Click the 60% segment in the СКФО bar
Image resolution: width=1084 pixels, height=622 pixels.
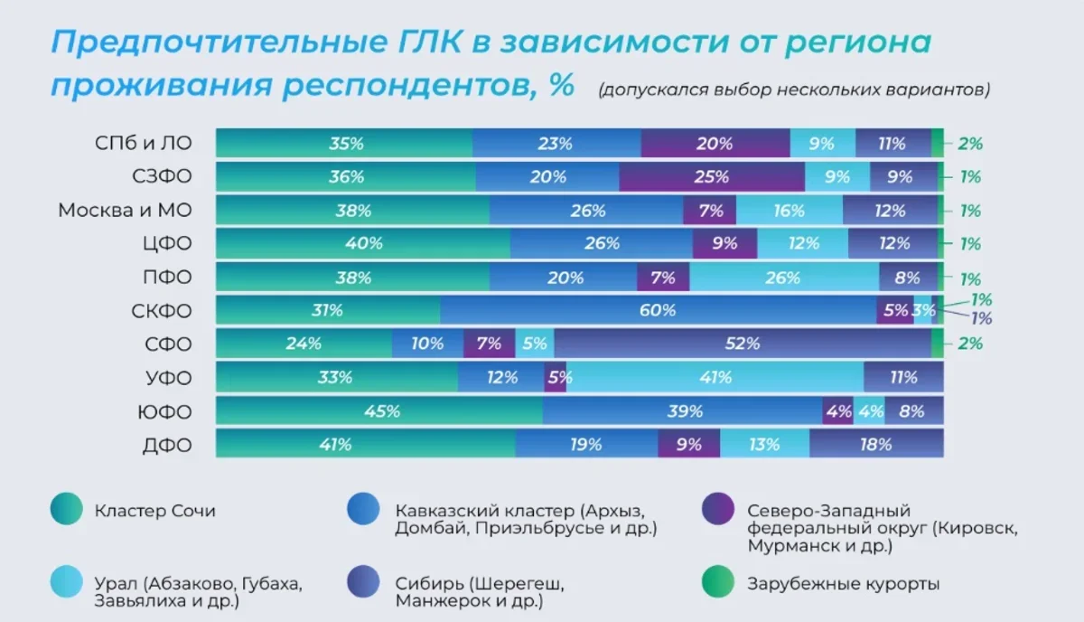tap(658, 310)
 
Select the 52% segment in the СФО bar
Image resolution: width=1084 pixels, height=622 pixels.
tap(743, 344)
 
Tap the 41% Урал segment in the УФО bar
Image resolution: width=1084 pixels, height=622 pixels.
tap(715, 377)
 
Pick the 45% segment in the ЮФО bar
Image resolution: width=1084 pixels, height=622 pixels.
tap(380, 411)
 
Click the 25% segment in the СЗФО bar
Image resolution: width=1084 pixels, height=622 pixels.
tap(712, 177)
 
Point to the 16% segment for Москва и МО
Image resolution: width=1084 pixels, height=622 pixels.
tap(789, 211)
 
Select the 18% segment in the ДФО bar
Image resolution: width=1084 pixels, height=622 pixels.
tap(875, 444)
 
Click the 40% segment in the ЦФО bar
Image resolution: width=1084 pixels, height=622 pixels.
tap(363, 243)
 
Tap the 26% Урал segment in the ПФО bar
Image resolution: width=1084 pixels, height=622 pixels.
tap(783, 278)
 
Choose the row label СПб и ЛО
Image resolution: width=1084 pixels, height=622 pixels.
tap(144, 143)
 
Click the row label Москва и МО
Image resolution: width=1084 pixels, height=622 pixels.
tap(126, 211)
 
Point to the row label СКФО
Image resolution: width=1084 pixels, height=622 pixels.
tap(162, 311)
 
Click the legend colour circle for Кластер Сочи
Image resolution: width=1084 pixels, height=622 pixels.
tap(66, 510)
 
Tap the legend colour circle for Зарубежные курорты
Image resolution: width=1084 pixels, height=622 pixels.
tap(717, 583)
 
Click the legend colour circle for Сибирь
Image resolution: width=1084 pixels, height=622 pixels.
tap(363, 583)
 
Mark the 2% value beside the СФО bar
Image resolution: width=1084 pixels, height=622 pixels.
tap(971, 344)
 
